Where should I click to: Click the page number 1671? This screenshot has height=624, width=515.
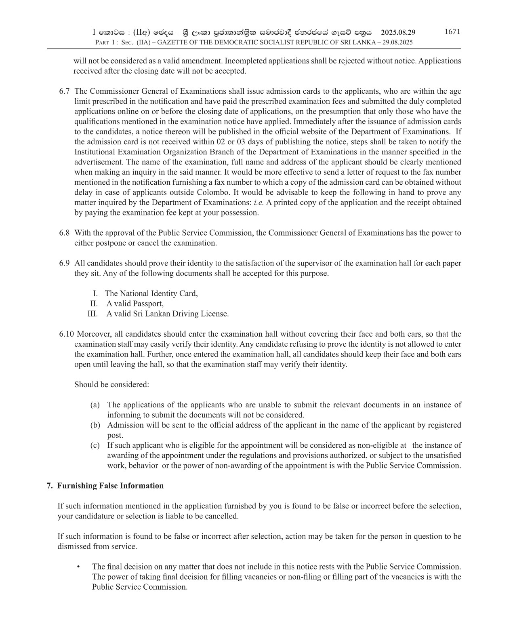[452, 32]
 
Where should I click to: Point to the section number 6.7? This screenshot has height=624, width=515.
[64, 91]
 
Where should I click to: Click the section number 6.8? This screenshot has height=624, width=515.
[64, 233]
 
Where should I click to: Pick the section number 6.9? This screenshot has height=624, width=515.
[64, 263]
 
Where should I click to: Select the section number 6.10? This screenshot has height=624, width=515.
[67, 334]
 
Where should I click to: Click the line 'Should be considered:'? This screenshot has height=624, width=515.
[111, 384]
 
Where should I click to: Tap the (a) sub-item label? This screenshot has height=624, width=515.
[95, 405]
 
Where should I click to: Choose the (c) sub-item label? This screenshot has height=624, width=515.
[95, 445]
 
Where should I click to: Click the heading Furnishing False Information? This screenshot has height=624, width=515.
[110, 485]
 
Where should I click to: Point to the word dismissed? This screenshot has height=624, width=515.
[74, 546]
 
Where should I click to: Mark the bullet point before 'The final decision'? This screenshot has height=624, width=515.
[78, 567]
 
